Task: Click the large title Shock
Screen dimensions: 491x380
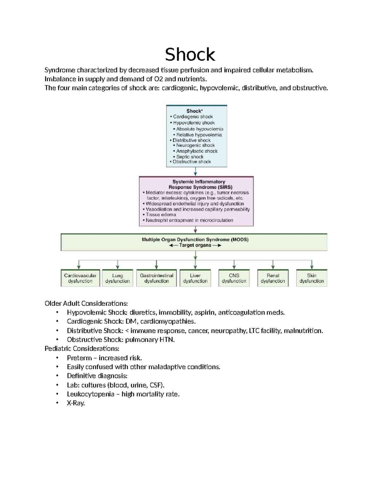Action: tap(190, 54)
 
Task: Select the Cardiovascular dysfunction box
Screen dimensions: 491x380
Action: tap(80, 278)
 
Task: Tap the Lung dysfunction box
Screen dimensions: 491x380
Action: tap(117, 278)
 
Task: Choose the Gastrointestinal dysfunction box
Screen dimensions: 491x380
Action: tap(156, 278)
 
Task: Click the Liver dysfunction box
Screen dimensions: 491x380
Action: tap(195, 278)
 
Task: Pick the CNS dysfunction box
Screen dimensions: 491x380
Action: tap(234, 278)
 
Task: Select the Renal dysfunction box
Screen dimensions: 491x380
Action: tap(273, 278)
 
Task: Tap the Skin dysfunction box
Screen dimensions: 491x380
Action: tap(312, 278)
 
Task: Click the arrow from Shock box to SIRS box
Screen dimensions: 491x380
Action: tap(195, 172)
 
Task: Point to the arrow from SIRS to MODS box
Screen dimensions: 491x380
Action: tap(195, 230)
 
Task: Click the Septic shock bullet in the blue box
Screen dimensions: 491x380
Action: tap(190, 157)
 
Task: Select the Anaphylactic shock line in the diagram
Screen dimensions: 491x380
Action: tap(197, 151)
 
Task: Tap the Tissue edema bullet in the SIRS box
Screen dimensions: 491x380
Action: tap(161, 214)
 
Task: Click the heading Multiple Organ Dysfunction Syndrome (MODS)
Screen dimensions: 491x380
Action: tap(195, 240)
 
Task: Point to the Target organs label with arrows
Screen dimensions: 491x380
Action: tap(195, 245)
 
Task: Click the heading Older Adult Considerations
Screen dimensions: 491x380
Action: tap(86, 304)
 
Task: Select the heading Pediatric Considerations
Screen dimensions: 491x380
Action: tap(82, 348)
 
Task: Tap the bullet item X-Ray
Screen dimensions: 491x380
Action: tap(76, 403)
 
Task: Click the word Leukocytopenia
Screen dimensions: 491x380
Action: tap(91, 394)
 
